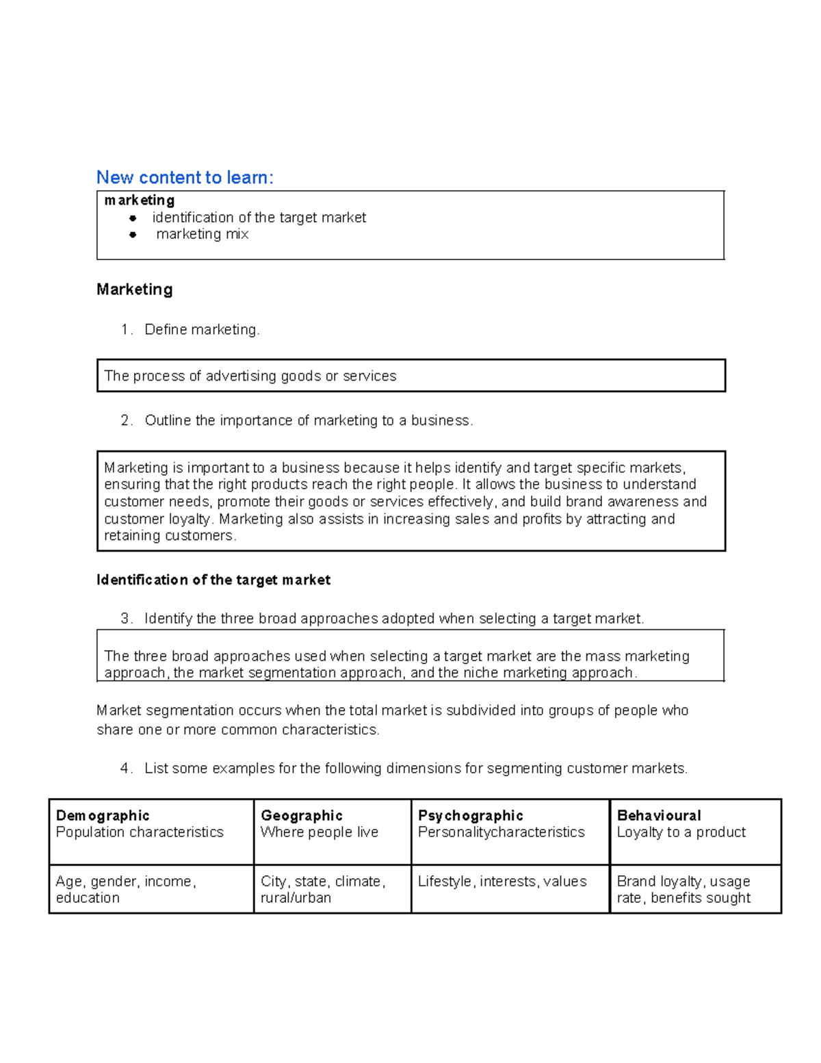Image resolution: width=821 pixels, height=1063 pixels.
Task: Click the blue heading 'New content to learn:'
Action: (185, 177)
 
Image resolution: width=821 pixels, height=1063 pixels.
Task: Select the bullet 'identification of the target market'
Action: (259, 218)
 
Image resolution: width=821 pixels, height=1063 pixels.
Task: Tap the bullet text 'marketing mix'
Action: (202, 234)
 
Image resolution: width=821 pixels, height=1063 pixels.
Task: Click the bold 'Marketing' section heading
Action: (135, 290)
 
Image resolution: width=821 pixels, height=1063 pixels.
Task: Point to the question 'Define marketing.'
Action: (202, 330)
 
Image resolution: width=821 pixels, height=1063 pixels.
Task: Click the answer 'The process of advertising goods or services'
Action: (250, 376)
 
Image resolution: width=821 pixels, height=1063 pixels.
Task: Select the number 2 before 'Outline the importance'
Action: (126, 420)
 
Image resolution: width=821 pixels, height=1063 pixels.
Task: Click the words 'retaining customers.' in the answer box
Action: (170, 536)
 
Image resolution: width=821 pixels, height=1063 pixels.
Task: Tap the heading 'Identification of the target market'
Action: (213, 580)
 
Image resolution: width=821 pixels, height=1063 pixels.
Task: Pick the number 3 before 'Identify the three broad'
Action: (126, 619)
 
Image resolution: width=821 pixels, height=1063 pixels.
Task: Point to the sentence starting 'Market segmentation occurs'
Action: (392, 710)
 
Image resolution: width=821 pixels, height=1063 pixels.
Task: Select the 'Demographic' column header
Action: (103, 815)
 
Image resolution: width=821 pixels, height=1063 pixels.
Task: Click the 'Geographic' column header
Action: (302, 815)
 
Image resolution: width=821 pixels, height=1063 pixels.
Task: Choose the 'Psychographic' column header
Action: (471, 815)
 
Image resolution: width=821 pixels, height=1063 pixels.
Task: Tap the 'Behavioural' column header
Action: (659, 815)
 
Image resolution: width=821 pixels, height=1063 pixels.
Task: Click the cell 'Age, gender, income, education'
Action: (126, 889)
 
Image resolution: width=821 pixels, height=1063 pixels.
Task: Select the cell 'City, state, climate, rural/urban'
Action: (323, 889)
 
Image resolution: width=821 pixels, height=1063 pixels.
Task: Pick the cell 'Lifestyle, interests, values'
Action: (502, 882)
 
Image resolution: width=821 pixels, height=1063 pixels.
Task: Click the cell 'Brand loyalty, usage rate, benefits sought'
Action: (683, 889)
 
